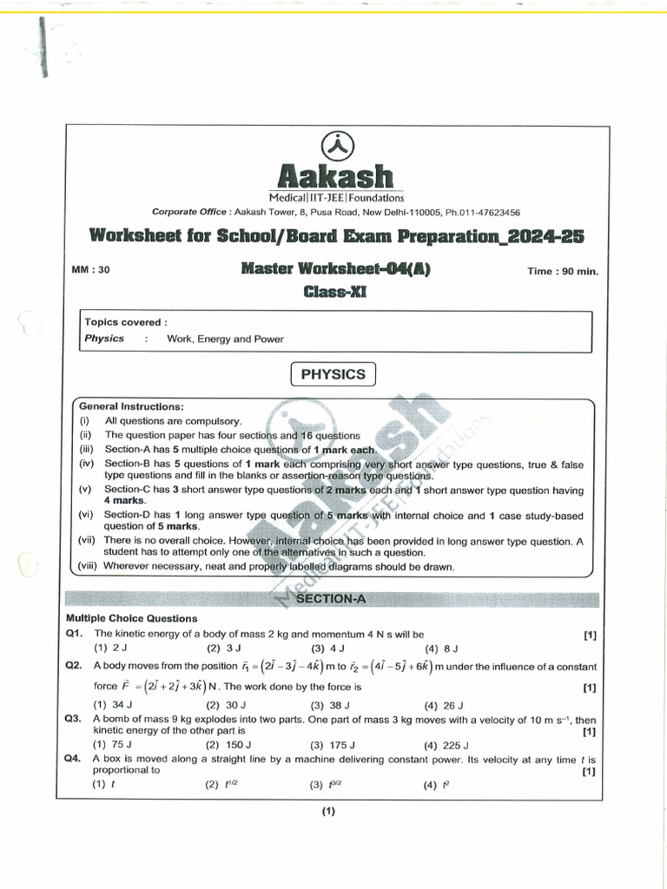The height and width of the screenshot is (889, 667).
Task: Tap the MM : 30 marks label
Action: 90,270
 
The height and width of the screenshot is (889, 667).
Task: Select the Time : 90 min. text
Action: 563,272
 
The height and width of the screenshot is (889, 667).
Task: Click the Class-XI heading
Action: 335,292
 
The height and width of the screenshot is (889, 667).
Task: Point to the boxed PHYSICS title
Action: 333,374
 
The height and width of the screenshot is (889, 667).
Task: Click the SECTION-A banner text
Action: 333,600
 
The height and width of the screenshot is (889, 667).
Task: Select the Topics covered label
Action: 122,322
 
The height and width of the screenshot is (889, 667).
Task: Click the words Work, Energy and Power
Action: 225,339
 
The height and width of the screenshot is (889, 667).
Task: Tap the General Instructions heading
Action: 131,406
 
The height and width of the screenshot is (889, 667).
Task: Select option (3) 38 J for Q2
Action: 330,705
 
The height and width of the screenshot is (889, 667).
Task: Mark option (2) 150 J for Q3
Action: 228,745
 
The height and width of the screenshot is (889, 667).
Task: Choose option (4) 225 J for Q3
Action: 446,745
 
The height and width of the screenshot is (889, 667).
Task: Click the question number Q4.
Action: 73,758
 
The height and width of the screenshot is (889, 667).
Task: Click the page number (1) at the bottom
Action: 327,812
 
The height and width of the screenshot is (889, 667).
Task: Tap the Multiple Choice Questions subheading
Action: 131,618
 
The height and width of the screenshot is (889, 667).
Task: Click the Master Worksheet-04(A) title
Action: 335,270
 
